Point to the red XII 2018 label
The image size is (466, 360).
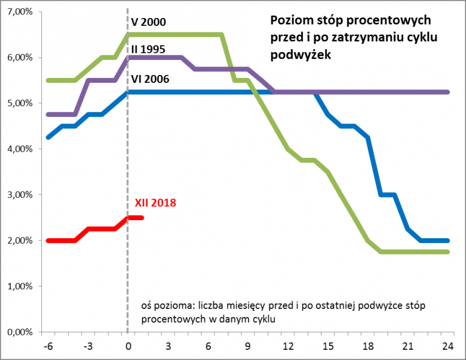[155, 203]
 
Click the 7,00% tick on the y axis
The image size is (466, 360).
[19, 12]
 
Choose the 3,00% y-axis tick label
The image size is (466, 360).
[19, 194]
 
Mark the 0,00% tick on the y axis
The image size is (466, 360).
[19, 332]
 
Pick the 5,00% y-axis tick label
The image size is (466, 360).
[19, 103]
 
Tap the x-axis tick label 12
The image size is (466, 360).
[288, 346]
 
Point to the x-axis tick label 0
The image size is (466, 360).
[128, 346]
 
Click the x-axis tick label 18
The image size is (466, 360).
[368, 346]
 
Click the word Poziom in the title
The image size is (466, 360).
[290, 20]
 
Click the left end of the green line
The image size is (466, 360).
[48, 80]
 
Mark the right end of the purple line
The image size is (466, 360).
[448, 92]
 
